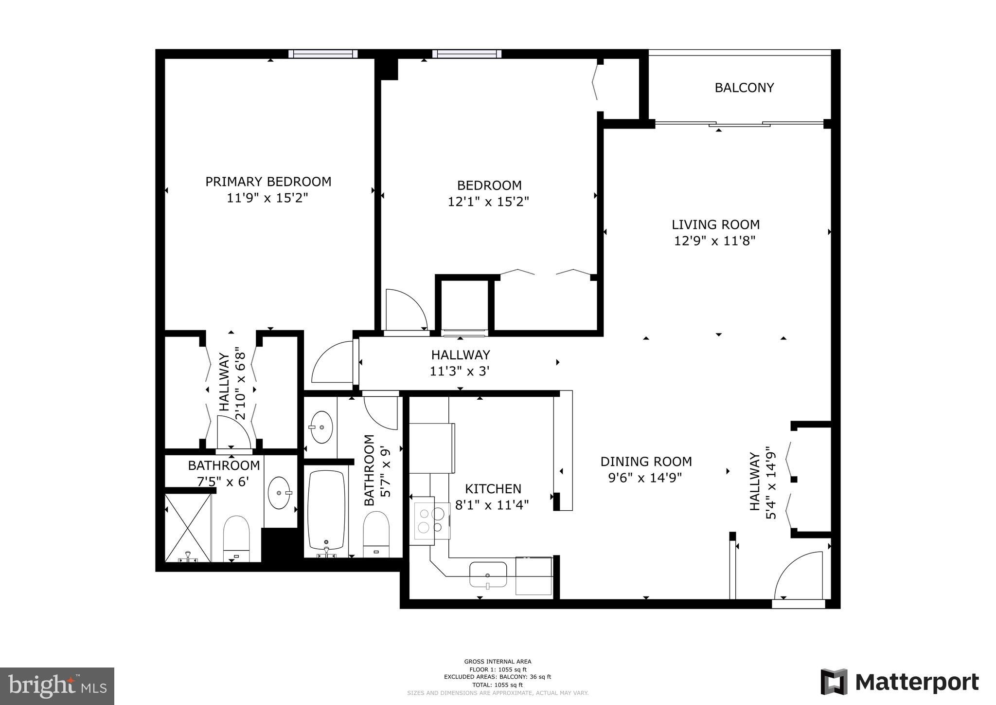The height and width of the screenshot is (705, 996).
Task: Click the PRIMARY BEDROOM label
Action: click(x=268, y=182)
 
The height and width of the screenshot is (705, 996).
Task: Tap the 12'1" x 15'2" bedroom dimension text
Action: click(x=488, y=202)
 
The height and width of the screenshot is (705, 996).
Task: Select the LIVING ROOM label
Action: click(x=715, y=224)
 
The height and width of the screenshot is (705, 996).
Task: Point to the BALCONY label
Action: click(x=744, y=88)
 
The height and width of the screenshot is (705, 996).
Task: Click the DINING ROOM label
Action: click(x=646, y=461)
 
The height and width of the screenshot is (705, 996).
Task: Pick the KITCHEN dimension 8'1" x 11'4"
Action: click(x=492, y=505)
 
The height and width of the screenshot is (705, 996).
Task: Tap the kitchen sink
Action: click(x=488, y=575)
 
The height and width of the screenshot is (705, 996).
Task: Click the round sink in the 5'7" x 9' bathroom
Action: click(x=321, y=427)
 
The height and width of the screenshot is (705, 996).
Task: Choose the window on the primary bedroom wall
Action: click(x=322, y=54)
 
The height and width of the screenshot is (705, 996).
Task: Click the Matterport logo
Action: click(x=900, y=682)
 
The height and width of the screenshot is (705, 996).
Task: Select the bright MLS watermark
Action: click(x=57, y=686)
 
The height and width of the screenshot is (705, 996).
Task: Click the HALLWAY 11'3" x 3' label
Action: click(x=460, y=363)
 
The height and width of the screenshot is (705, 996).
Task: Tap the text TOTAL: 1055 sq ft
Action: click(x=497, y=685)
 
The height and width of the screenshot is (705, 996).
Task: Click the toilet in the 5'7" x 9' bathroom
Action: click(x=376, y=535)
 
